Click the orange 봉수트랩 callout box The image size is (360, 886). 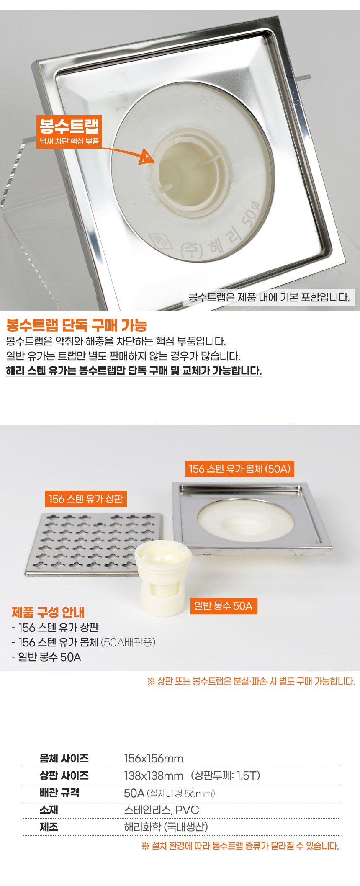click(69, 131)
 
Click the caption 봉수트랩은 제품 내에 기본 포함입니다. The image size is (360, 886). click(269, 297)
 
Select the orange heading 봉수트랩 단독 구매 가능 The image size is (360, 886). click(77, 325)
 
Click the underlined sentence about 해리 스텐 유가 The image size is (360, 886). click(134, 371)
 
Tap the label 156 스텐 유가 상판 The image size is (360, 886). click(86, 499)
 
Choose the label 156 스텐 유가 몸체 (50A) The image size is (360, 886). click(239, 469)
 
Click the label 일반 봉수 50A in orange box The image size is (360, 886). click(224, 606)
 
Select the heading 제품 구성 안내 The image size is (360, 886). click(48, 612)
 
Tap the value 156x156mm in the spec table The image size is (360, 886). click(154, 758)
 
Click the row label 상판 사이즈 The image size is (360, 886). click(64, 775)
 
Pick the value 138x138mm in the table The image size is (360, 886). click(154, 775)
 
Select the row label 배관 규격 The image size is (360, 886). click(59, 793)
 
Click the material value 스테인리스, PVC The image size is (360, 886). click(162, 810)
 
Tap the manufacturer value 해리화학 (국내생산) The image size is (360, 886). click(166, 827)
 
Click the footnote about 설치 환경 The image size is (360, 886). click(240, 846)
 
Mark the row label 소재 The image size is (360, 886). click(49, 810)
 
